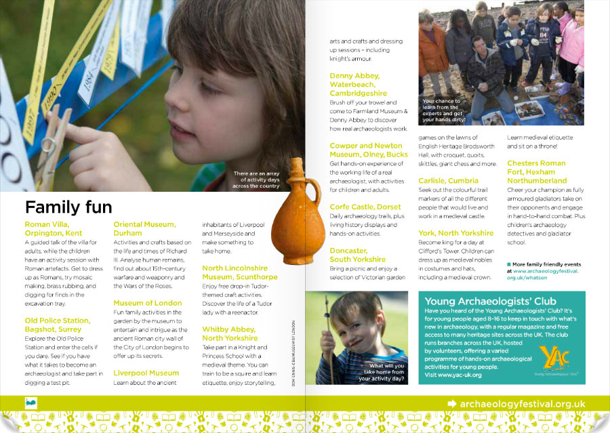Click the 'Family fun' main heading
68,207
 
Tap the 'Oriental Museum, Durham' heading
144,228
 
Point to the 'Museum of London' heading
147,303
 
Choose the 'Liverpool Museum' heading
146,373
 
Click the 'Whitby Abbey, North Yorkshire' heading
230,333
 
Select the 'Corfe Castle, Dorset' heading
365,207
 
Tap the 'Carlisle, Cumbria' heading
448,181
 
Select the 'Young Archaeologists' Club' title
490,301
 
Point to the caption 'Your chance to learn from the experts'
441,109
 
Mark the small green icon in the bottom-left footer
31,403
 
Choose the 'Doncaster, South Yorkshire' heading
357,255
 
